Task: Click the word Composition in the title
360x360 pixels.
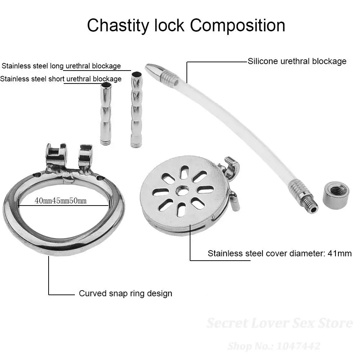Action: tap(238, 26)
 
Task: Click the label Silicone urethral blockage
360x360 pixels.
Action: tap(297, 61)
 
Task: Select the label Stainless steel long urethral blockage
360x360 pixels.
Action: tap(61, 66)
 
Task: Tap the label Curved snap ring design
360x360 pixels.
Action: tap(125, 293)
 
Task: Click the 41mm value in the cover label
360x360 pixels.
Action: tap(339, 253)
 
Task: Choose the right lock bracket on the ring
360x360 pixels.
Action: tap(85, 154)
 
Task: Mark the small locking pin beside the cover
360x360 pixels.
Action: tap(234, 202)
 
